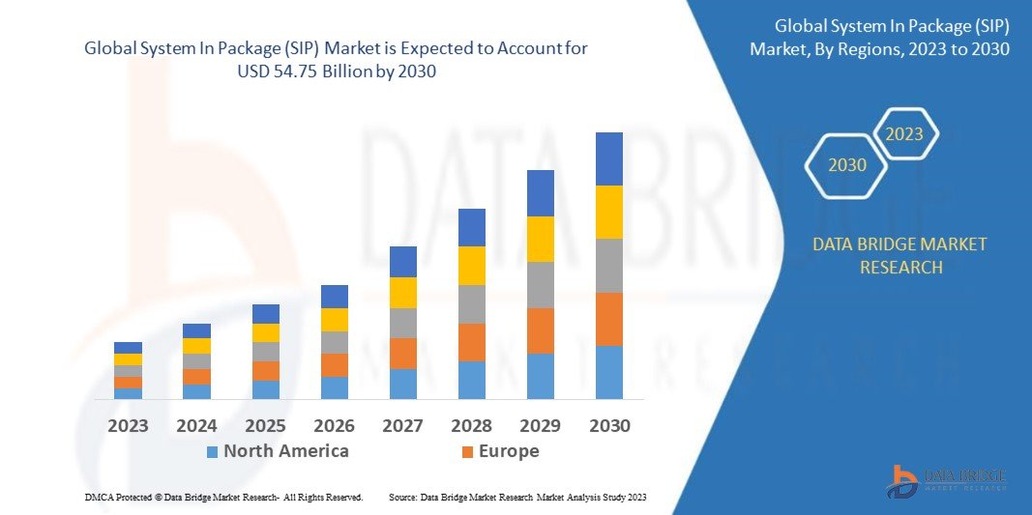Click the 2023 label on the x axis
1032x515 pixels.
pyautogui.click(x=128, y=425)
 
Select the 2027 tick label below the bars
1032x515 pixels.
pyautogui.click(x=402, y=425)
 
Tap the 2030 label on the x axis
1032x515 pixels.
pyautogui.click(x=609, y=425)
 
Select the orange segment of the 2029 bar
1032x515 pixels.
pyautogui.click(x=541, y=330)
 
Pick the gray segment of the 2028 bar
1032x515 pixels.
pyautogui.click(x=471, y=304)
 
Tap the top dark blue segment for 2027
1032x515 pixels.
pyautogui.click(x=402, y=262)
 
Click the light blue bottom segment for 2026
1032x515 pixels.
pyautogui.click(x=335, y=387)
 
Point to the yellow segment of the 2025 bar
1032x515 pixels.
pyautogui.click(x=266, y=332)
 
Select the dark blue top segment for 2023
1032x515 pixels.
pyautogui.click(x=128, y=348)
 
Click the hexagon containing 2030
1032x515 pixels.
pyautogui.click(x=847, y=165)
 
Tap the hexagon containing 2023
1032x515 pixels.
pyautogui.click(x=904, y=134)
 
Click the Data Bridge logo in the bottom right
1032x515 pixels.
pyautogui.click(x=947, y=480)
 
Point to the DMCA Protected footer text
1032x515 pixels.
pyautogui.click(x=223, y=497)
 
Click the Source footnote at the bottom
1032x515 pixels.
pyautogui.click(x=517, y=497)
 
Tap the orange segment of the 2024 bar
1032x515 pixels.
pyautogui.click(x=196, y=377)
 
